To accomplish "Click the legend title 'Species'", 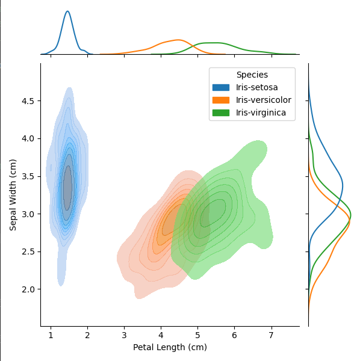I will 252,75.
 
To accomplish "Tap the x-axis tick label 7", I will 271,335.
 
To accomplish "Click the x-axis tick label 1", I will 51,335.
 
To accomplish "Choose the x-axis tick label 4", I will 161,335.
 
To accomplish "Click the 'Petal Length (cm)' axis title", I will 170,347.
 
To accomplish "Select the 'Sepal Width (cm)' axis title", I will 13,194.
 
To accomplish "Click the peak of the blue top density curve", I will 67,11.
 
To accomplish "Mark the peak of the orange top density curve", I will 179,40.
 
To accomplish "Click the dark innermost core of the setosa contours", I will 67,188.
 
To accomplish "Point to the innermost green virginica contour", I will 214,213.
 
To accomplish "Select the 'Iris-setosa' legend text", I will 256,88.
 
